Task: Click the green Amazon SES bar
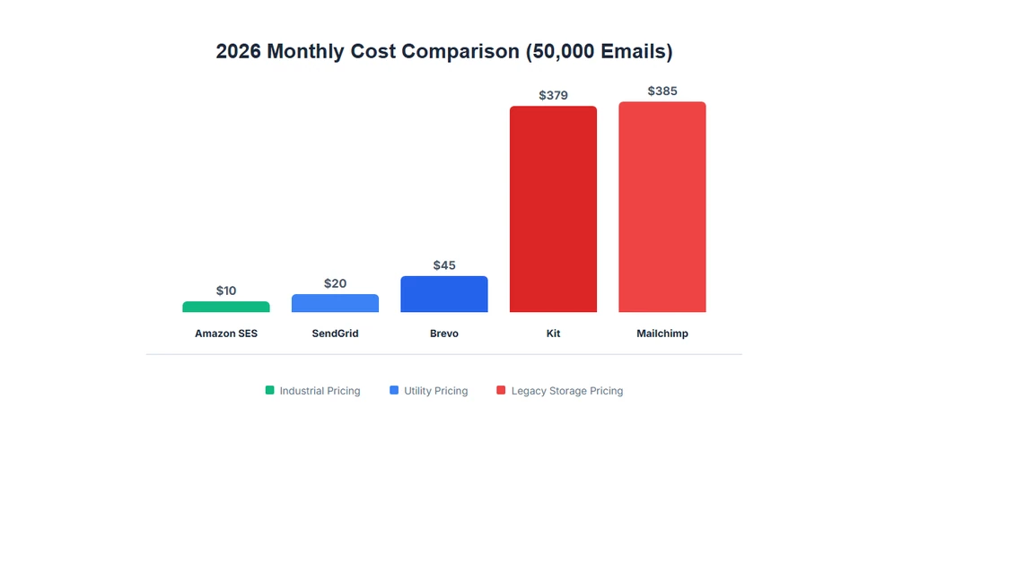(x=226, y=307)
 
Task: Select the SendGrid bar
(x=335, y=303)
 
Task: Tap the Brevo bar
(x=444, y=294)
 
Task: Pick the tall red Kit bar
(x=553, y=209)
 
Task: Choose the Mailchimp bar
(x=662, y=207)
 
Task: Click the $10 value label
(x=226, y=290)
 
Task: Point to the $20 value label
(x=335, y=283)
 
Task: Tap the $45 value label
(x=444, y=265)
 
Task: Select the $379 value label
(x=553, y=95)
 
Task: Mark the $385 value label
(x=662, y=91)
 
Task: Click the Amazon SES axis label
(x=226, y=334)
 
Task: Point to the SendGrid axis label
(x=335, y=334)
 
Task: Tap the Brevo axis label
(x=444, y=334)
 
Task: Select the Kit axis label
(x=553, y=334)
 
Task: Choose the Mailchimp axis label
(x=662, y=334)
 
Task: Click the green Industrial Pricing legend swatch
(x=269, y=390)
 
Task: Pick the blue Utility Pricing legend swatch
(x=394, y=390)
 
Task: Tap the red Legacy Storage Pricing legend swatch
(x=501, y=390)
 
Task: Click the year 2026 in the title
(x=239, y=51)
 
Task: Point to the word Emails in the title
(x=633, y=51)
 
